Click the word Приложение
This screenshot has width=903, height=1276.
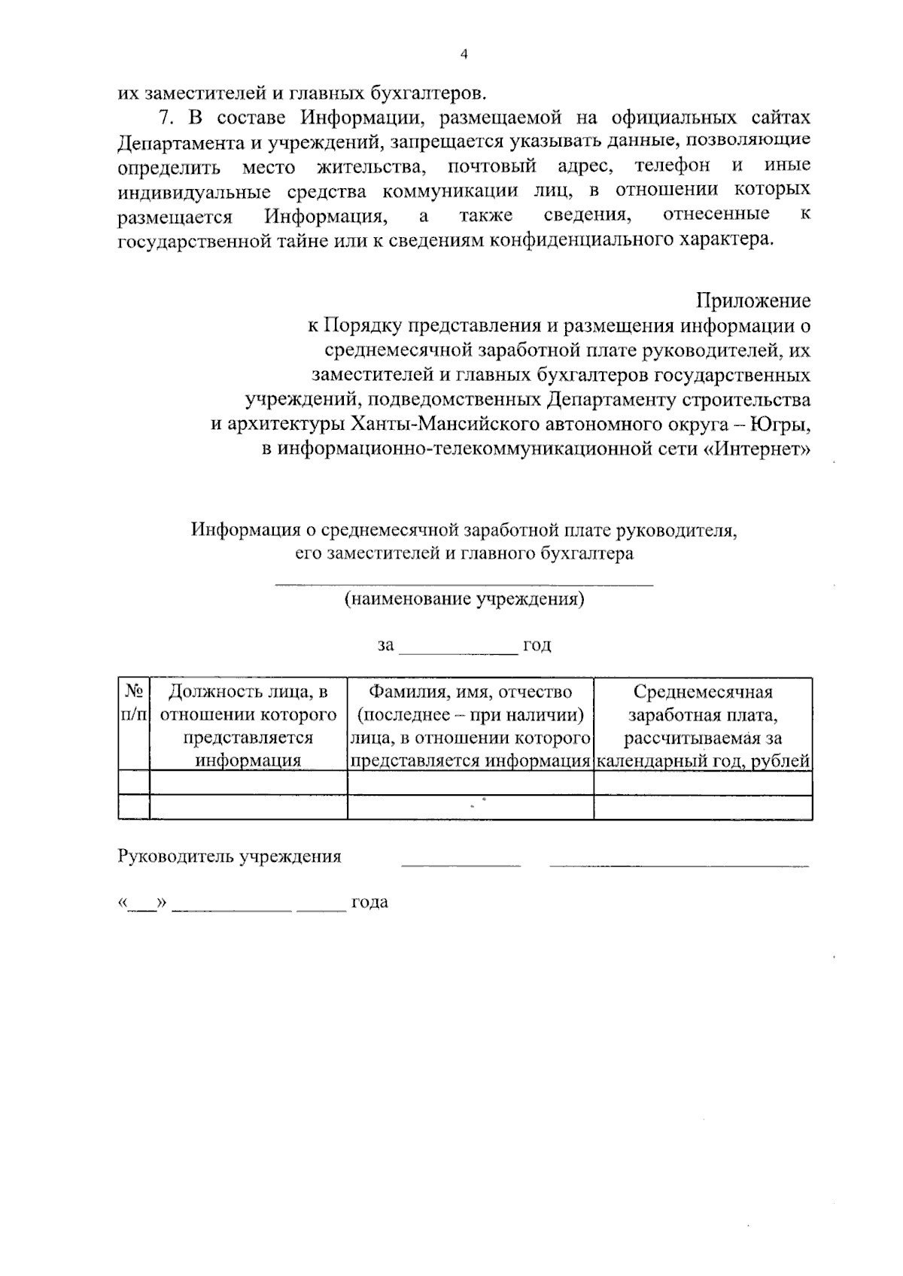tap(752, 301)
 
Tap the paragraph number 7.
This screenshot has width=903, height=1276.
tap(165, 118)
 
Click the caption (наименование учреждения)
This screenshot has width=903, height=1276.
tap(464, 600)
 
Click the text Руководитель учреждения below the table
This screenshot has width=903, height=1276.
tap(230, 857)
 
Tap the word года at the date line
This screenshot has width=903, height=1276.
tap(369, 902)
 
